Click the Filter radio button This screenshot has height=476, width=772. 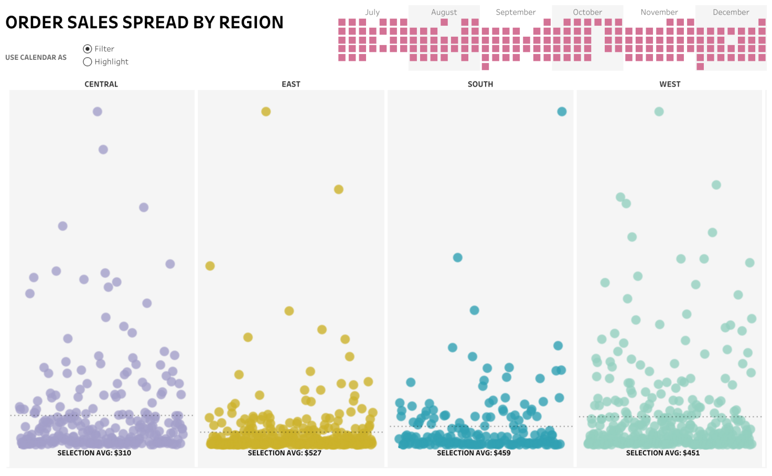pyautogui.click(x=88, y=49)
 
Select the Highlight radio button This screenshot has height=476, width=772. pyautogui.click(x=88, y=62)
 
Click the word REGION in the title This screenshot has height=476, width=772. pyautogui.click(x=251, y=23)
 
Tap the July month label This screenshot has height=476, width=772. pyautogui.click(x=372, y=12)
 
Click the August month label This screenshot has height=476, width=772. pyautogui.click(x=444, y=12)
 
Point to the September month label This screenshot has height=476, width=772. pyautogui.click(x=516, y=12)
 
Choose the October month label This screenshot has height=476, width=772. pyautogui.click(x=587, y=12)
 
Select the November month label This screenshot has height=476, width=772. pyautogui.click(x=659, y=12)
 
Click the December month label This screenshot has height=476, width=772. pyautogui.click(x=731, y=12)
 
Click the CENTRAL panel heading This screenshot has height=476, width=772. pyautogui.click(x=101, y=84)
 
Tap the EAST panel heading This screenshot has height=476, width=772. pyautogui.click(x=291, y=84)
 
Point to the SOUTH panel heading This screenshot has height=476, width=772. pyautogui.click(x=480, y=84)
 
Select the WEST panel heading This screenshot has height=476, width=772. pyautogui.click(x=670, y=84)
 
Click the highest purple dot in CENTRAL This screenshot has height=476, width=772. pyautogui.click(x=98, y=112)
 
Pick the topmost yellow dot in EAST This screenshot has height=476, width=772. pyautogui.click(x=266, y=112)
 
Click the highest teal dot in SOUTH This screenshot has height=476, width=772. pyautogui.click(x=562, y=112)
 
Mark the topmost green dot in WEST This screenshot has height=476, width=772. pyautogui.click(x=659, y=112)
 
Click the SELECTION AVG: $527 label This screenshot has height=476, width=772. pyautogui.click(x=284, y=453)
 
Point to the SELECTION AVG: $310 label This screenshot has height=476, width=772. pyautogui.click(x=94, y=453)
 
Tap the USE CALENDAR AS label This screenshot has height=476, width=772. pyautogui.click(x=36, y=58)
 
